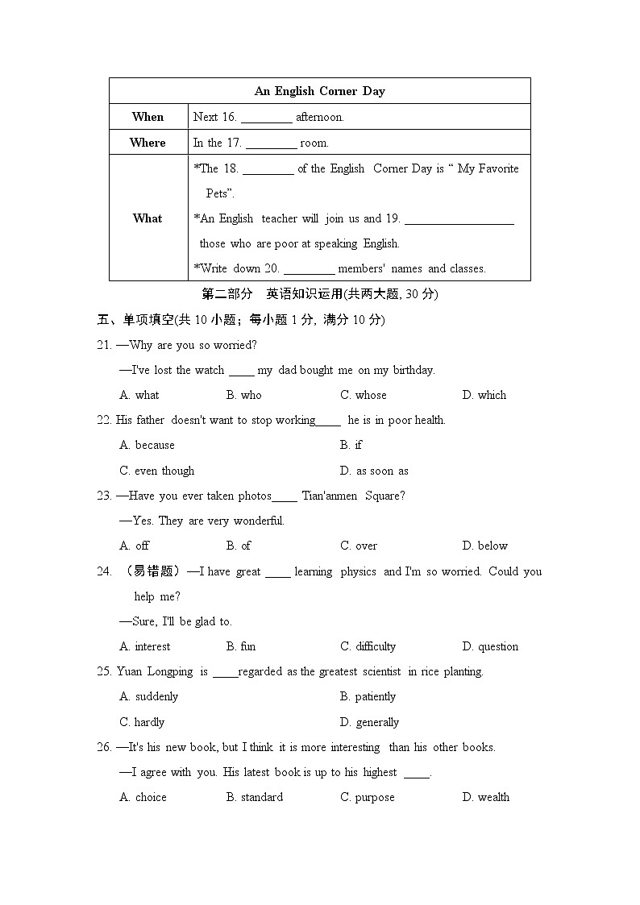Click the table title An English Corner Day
[319, 91]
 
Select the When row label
[148, 117]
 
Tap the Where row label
[148, 143]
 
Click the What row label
[148, 218]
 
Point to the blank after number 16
[266, 118]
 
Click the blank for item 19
[459, 220]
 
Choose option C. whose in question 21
[363, 395]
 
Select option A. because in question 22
[147, 445]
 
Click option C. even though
[157, 471]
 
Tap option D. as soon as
[374, 471]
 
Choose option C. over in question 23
[358, 546]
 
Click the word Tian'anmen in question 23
[329, 496]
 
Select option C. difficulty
[368, 646]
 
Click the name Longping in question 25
[170, 671]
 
